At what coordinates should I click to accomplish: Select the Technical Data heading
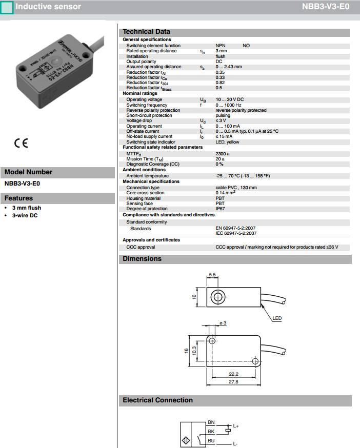tap(146, 32)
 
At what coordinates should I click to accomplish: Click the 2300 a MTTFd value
tap(223, 153)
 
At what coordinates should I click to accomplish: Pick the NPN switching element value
tap(220, 46)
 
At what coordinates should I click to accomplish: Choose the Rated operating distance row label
tap(151, 51)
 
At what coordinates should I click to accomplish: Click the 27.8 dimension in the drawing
tap(233, 382)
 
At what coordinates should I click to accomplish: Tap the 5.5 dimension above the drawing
tap(212, 275)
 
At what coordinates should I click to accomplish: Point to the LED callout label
tap(277, 318)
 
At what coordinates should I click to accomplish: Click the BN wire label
tap(211, 422)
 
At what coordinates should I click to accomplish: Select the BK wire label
tap(211, 431)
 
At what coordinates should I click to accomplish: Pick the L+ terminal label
tap(236, 426)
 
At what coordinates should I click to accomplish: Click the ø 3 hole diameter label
tap(223, 322)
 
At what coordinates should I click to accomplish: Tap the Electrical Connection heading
tap(157, 400)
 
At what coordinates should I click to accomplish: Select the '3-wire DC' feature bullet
tap(26, 215)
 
